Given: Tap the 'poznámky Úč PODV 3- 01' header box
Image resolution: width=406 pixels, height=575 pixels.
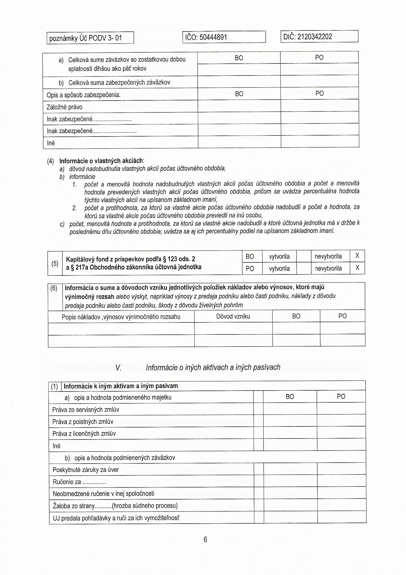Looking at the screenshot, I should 85,38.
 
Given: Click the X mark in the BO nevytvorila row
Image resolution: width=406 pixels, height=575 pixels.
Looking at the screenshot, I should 357,256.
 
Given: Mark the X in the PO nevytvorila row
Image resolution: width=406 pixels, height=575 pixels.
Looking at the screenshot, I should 357,268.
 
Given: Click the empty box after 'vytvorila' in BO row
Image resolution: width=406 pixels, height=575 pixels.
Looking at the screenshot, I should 303,256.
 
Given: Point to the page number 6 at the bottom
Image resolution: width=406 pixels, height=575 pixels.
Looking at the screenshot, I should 205,539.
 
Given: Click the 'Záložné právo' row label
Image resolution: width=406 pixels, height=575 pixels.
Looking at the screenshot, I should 65,107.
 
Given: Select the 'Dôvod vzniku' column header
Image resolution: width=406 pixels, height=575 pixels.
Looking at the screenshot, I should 233,316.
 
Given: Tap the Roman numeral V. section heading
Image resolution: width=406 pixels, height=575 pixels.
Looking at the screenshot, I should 118,367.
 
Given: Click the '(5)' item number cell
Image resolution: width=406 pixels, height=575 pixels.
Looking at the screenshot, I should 55,263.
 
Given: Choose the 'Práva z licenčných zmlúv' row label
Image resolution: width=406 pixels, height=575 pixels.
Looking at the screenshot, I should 84,434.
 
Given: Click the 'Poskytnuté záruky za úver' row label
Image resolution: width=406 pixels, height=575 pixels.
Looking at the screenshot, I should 85,469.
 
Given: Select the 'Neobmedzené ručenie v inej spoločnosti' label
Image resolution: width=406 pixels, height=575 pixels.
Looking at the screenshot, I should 103,494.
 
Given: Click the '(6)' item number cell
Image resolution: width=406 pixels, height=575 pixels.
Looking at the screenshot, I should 54,288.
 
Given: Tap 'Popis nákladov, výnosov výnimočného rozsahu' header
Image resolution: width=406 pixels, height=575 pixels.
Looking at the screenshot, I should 121,317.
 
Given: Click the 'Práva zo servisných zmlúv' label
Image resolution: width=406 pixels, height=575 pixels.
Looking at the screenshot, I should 85,410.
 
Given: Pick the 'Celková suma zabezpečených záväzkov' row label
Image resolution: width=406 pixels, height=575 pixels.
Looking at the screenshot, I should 119,83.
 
